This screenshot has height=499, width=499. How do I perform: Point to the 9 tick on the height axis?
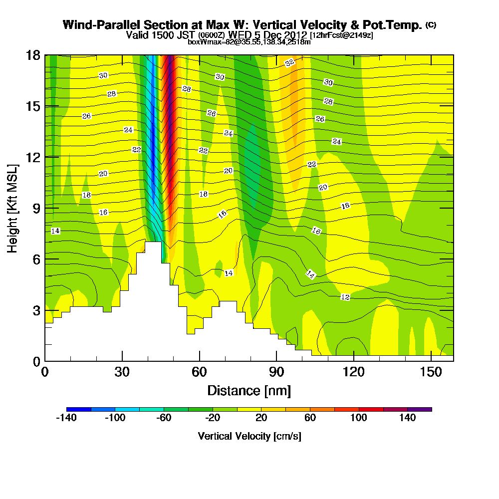point(36,208)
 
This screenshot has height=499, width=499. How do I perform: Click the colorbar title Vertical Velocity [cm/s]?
point(249,436)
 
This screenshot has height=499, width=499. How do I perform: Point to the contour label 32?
point(290,63)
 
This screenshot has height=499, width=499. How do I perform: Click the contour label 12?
point(345,297)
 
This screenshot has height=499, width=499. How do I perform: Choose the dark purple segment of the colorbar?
point(420,409)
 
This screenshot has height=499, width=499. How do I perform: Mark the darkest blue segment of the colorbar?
point(79,409)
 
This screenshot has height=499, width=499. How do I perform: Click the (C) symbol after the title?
point(431,25)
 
